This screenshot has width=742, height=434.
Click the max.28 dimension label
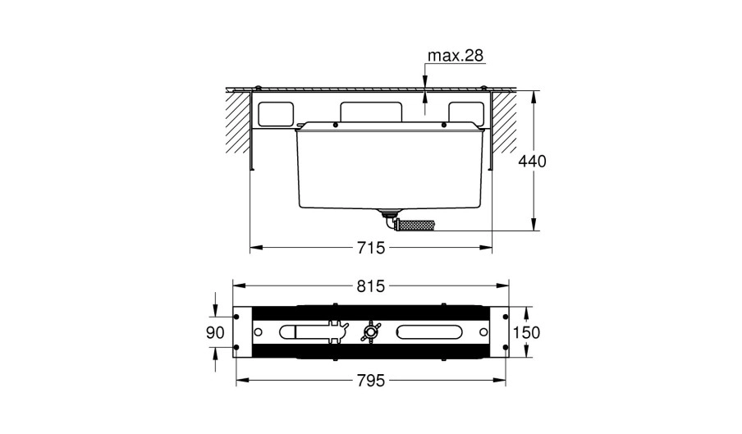pos(456,56)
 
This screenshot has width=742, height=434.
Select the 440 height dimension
pos(533,162)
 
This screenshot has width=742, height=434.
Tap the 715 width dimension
pos(371,247)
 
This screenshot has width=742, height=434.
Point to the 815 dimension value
pos(371,286)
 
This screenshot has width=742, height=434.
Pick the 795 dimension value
pos(371,380)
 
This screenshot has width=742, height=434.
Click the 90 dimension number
pos(215,333)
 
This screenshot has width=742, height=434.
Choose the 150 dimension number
pos(526,333)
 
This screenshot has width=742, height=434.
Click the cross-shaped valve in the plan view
pos(369,332)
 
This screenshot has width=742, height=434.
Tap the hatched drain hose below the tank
pos(415,224)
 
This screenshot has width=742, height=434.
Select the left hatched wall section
pos(237,121)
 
